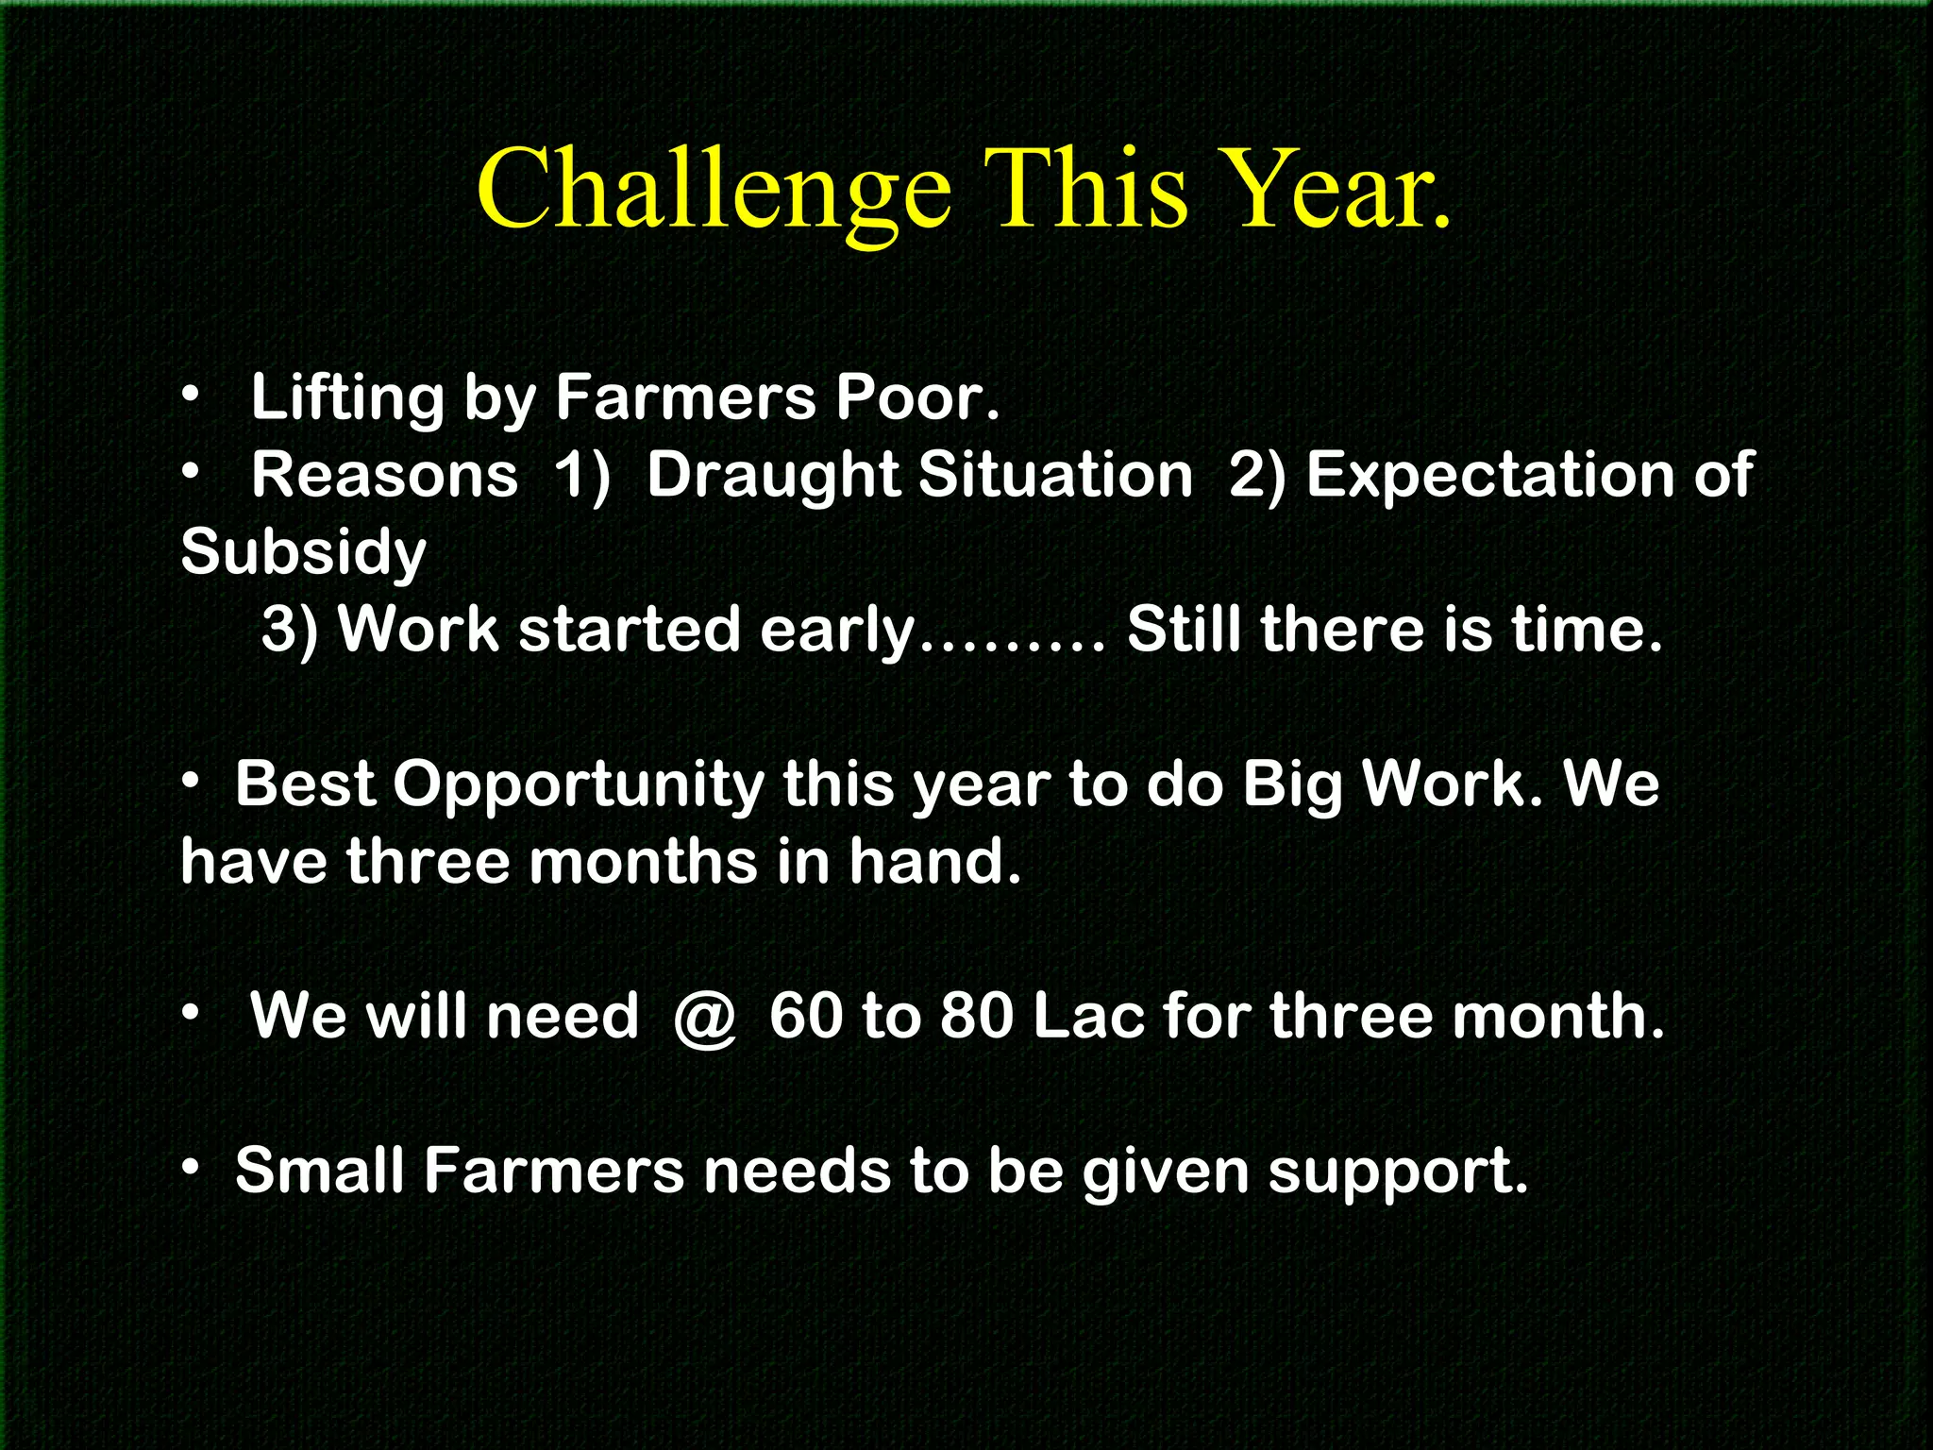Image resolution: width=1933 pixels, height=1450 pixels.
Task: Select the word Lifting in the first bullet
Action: click(x=346, y=397)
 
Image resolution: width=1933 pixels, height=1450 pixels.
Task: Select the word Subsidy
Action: click(x=303, y=552)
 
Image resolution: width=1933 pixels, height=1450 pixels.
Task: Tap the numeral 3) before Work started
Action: click(x=290, y=630)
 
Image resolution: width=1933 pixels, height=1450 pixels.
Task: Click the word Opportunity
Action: click(x=579, y=785)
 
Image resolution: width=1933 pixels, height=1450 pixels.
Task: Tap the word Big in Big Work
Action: click(x=1291, y=785)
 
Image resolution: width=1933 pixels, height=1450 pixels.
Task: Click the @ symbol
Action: click(x=704, y=1018)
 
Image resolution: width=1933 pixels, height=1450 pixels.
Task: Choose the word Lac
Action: click(x=1089, y=1017)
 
